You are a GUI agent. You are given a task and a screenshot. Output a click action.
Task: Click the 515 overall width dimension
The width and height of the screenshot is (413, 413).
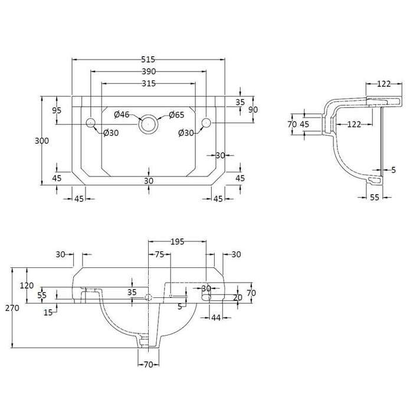coord(149,59)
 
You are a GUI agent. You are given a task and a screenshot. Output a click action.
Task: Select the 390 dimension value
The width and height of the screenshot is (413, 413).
coord(149,71)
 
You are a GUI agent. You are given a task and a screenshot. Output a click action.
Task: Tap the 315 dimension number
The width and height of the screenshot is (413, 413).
coord(149,84)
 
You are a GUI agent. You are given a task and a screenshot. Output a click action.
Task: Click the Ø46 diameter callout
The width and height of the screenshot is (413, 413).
coord(122,114)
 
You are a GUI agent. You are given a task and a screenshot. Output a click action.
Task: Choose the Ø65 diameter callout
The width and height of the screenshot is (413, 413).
coord(177,114)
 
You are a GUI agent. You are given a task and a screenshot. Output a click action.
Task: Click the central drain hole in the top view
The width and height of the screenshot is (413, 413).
coord(148,124)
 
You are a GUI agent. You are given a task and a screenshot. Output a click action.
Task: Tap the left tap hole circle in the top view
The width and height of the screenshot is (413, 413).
coord(91,123)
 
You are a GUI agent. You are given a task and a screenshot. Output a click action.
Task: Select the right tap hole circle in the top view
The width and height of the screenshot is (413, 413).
coord(206,123)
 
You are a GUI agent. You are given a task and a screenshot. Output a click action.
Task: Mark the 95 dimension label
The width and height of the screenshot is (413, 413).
coord(57,110)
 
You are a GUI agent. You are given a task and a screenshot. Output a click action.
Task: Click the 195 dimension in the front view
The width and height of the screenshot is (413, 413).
coord(178,242)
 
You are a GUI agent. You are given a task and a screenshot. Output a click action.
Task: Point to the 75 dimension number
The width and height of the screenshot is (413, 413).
coord(159,255)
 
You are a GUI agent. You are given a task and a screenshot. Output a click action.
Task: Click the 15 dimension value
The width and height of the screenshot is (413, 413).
coord(48,312)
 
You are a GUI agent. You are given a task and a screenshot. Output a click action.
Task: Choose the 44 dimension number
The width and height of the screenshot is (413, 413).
coord(216,318)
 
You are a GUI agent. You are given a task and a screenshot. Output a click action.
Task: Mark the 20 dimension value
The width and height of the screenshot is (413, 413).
coord(237,298)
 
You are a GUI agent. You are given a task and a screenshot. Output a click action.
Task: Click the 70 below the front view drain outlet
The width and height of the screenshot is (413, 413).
coord(149,365)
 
